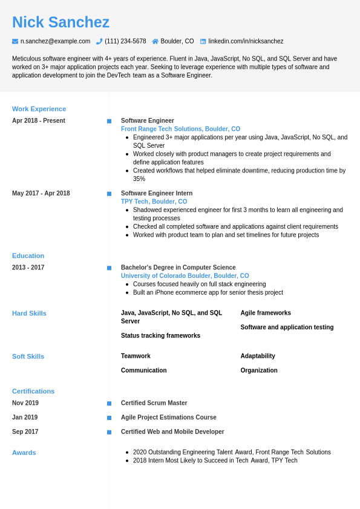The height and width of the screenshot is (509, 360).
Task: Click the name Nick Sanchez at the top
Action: coord(61,22)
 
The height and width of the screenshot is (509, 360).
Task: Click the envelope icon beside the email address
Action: coord(15,41)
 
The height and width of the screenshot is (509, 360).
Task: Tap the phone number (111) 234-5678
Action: coord(125,41)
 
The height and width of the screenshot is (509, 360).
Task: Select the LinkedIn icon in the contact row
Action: coord(203,41)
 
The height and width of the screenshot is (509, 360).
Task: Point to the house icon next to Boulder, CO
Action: coord(155,41)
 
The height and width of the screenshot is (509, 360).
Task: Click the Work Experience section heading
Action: coord(39,109)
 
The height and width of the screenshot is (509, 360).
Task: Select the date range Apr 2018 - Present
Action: coord(39,120)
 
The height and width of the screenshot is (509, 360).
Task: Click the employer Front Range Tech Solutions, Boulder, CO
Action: coord(180,129)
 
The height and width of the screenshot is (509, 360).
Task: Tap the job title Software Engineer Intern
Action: coord(157,193)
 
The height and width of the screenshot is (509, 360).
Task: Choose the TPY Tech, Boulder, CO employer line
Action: coord(154,202)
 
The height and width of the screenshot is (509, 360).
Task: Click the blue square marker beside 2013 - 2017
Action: coord(109,268)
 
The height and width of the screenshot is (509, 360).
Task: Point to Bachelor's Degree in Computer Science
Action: coord(178,268)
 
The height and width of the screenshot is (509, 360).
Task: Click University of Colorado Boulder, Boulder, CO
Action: coord(185,276)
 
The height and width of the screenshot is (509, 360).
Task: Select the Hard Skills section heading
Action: coord(29,313)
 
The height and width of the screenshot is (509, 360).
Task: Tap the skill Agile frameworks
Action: coord(266,313)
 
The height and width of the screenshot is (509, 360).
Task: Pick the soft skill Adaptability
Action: coord(258,356)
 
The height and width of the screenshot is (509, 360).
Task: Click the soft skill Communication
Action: coord(143,370)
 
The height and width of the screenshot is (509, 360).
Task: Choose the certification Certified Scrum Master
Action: coord(154,403)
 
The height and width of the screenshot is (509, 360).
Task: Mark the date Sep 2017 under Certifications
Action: coord(25,432)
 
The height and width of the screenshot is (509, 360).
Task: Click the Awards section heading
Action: coord(24,452)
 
